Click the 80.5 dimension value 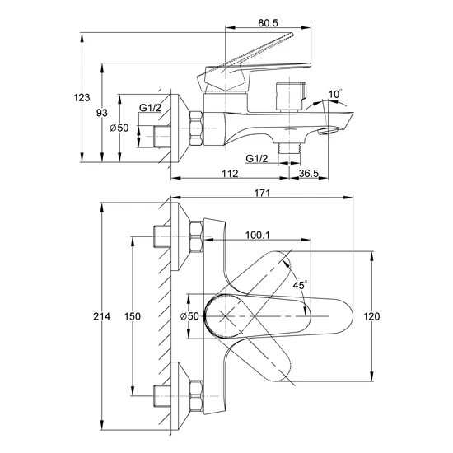point(268,23)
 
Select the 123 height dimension point(82,98)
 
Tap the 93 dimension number point(101,113)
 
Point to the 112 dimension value point(230,173)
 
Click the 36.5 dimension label point(309,173)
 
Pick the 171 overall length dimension point(262,193)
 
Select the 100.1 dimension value point(258,236)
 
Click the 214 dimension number point(101,316)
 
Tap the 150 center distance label point(133,316)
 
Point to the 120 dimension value point(371,316)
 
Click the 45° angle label point(300,285)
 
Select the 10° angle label point(335,94)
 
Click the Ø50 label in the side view point(119,128)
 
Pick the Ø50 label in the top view point(189,316)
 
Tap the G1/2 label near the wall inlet point(150,108)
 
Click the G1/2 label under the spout point(257,158)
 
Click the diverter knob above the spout point(292,96)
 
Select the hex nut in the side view point(196,128)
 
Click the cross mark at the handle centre point(226,316)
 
